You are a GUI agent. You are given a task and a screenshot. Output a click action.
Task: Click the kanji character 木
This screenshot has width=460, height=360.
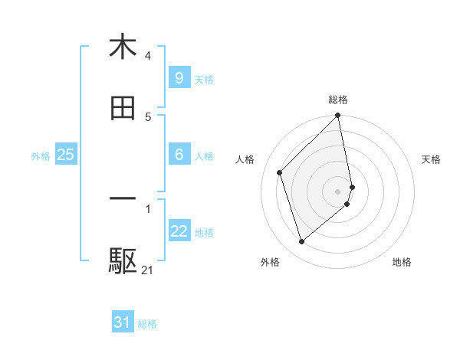[123, 47]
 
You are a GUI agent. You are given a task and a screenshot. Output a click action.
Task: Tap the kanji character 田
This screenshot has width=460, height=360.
[123, 108]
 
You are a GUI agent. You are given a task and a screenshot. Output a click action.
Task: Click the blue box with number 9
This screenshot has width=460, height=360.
[179, 77]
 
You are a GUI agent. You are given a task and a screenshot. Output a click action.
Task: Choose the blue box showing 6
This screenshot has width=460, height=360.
[179, 154]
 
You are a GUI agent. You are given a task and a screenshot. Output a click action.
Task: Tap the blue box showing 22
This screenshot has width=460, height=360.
[179, 231]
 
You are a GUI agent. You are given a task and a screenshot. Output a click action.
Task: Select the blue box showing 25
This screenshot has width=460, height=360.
[65, 154]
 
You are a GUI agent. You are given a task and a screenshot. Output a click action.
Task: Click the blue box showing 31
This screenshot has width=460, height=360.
[122, 322]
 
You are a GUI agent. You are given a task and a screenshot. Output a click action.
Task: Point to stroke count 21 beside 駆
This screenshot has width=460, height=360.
[147, 270]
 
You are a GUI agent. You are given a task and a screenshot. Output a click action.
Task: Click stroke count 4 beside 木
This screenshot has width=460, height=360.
[147, 56]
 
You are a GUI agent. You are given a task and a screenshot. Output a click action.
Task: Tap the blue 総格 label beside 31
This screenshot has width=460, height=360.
[147, 324]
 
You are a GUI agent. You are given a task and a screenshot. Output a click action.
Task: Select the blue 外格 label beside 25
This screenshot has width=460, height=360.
[41, 156]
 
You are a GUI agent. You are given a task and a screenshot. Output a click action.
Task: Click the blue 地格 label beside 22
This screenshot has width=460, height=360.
[204, 233]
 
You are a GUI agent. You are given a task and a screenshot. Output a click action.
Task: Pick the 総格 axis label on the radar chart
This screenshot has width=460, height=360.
[338, 100]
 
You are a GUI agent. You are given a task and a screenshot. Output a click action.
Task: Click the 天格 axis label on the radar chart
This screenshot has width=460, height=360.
[432, 159]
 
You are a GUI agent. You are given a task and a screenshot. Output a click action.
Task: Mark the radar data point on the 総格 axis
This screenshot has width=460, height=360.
[338, 116]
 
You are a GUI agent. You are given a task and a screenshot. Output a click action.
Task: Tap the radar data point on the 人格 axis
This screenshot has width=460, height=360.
[280, 172]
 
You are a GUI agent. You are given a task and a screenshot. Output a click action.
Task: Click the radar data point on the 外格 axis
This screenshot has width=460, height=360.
[302, 242]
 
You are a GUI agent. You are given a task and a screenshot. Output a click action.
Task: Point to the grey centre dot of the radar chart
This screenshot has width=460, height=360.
[338, 191]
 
